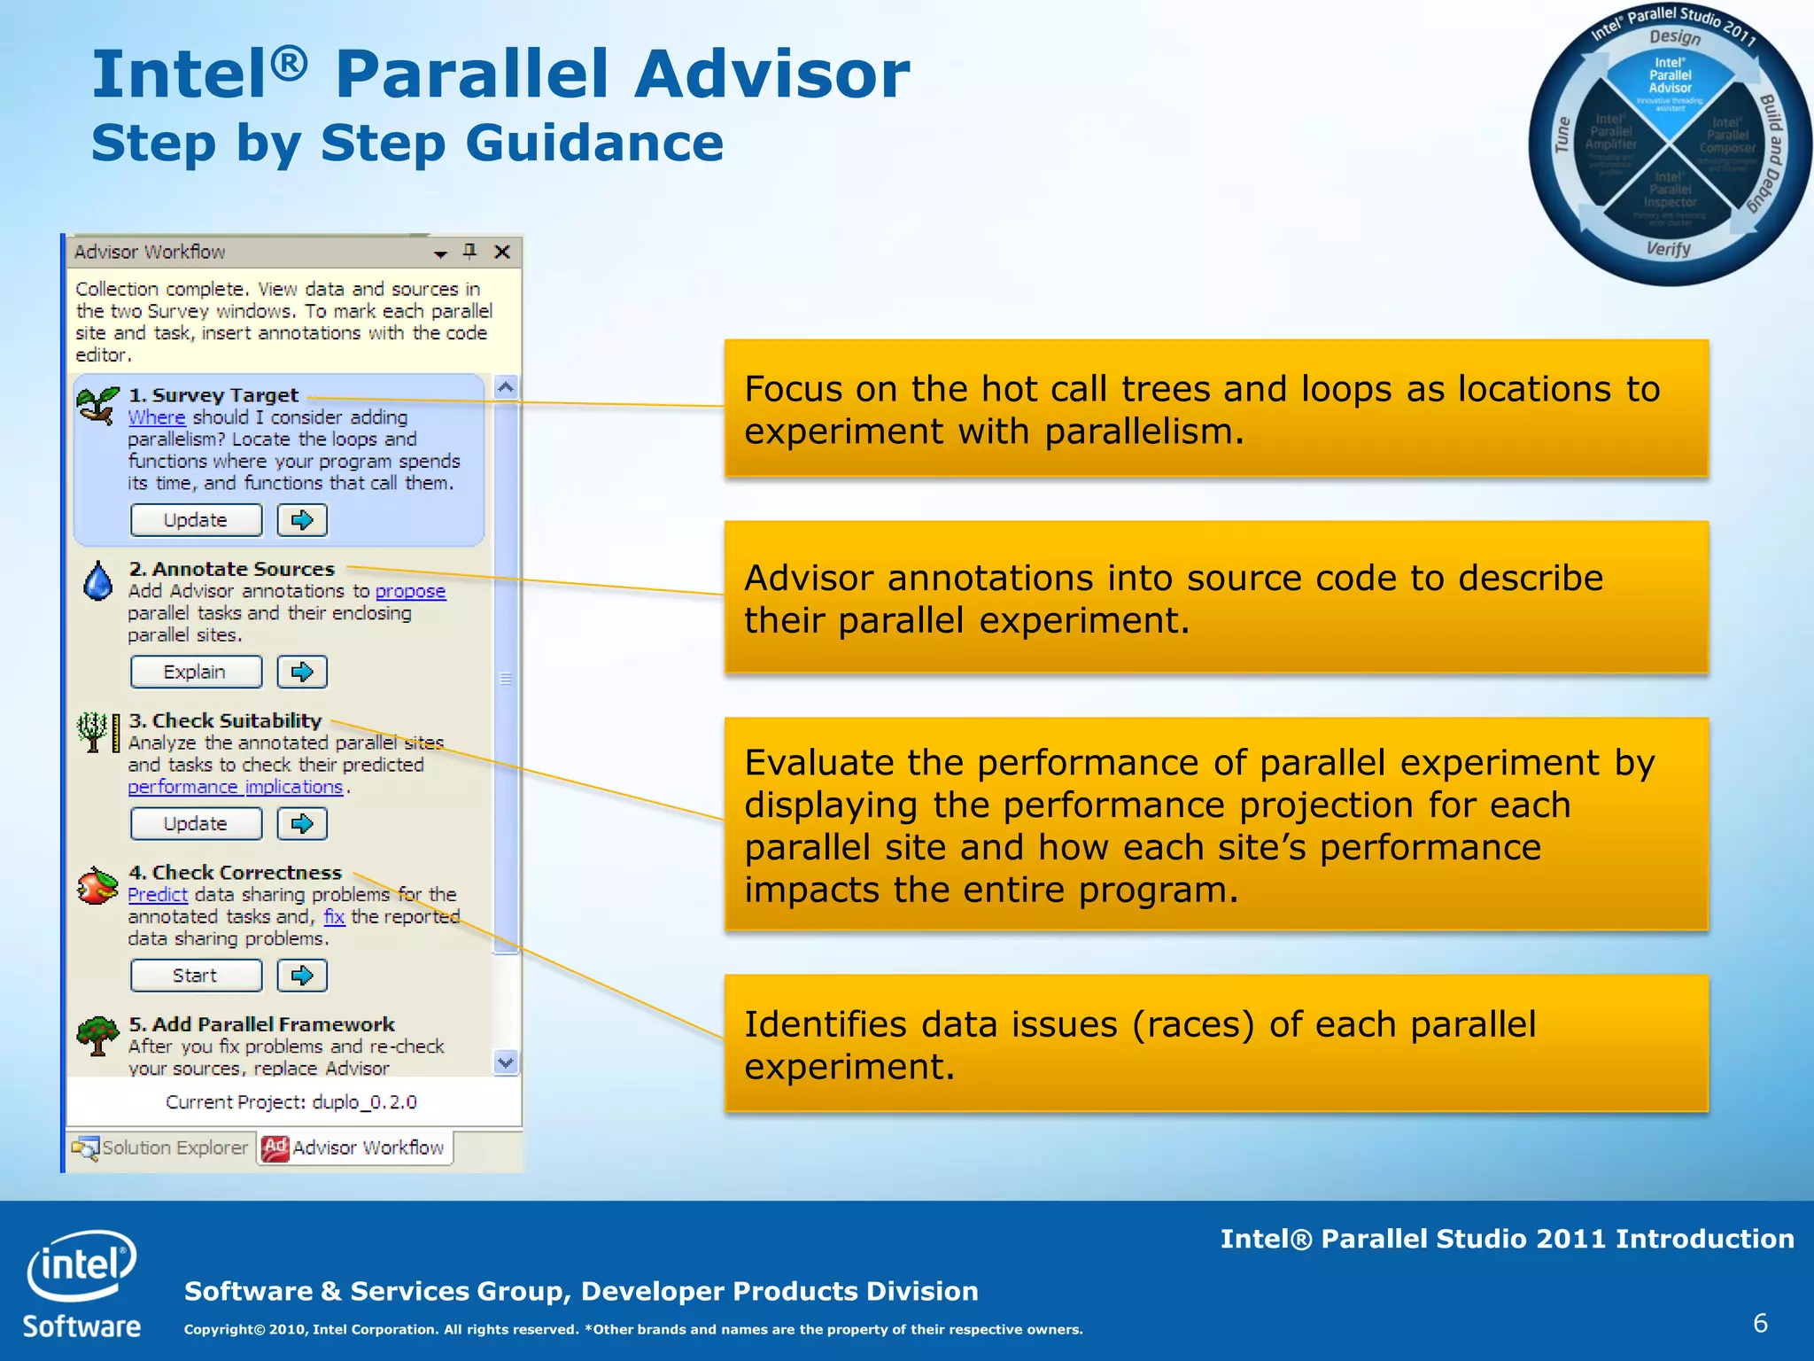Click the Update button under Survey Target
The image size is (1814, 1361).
(x=196, y=520)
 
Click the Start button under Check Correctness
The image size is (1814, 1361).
(x=196, y=976)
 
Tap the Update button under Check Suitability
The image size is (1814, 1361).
(x=196, y=824)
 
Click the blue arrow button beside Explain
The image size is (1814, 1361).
(x=302, y=672)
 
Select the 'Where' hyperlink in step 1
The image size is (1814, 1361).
(x=156, y=417)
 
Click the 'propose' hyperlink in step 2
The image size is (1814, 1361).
(x=410, y=591)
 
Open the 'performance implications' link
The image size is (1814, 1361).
(x=236, y=787)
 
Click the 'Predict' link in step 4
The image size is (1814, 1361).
(x=157, y=895)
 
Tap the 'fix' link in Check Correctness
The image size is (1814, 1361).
(x=334, y=917)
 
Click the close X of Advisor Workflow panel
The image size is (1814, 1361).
(x=502, y=252)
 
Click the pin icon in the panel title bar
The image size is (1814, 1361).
(x=470, y=252)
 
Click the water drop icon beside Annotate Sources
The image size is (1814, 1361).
(x=98, y=581)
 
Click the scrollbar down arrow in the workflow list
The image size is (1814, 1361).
(x=506, y=1062)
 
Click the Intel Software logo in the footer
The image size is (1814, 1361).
(x=81, y=1282)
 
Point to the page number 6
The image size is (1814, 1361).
(x=1760, y=1323)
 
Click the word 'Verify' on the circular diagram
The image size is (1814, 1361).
(x=1669, y=249)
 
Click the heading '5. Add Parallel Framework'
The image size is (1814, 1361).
(x=261, y=1024)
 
